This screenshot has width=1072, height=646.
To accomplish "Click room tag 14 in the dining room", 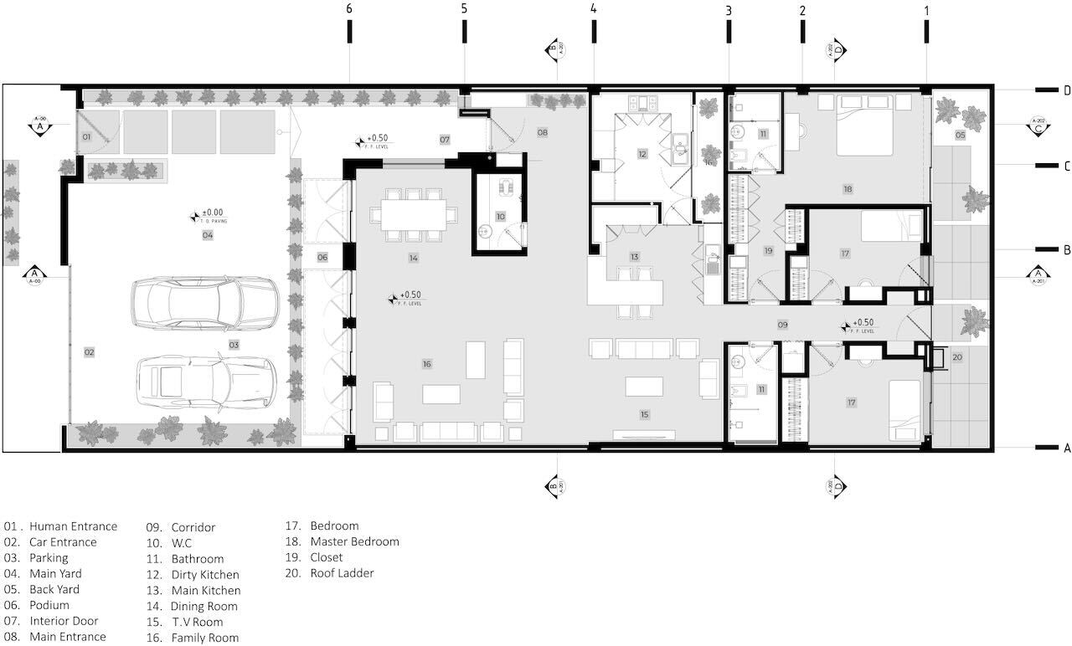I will click(413, 259).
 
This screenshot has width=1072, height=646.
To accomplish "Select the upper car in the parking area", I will click(205, 303).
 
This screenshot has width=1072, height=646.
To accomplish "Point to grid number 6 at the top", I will click(349, 9).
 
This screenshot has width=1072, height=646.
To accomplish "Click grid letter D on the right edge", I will click(1067, 90).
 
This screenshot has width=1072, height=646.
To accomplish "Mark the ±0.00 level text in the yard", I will click(209, 213).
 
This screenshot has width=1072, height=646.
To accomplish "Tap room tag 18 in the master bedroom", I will click(848, 190).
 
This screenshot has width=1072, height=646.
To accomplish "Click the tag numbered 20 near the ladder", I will click(957, 357).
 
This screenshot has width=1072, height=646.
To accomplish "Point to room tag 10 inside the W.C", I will click(500, 217).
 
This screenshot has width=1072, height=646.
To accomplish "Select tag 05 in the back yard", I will click(960, 135).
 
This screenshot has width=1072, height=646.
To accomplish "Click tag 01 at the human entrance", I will click(86, 136).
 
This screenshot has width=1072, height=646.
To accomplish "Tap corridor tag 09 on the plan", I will click(783, 324).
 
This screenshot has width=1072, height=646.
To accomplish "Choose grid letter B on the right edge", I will click(1067, 249).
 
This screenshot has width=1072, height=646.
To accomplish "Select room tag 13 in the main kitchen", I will click(635, 257).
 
